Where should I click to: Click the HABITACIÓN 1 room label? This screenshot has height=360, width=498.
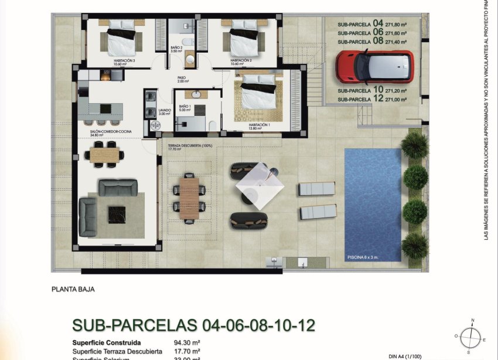[258, 125]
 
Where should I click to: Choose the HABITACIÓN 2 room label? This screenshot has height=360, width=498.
[241, 60]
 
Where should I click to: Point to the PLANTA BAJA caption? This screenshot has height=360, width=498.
[73, 289]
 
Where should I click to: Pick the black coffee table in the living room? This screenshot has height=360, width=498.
[117, 214]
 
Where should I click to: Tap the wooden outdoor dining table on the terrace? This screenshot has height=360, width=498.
[189, 198]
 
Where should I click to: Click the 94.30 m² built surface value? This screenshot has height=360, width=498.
[187, 342]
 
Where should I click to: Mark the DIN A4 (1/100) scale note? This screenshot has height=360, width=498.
[405, 356]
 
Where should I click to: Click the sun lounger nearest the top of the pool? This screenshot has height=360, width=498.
[316, 189]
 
